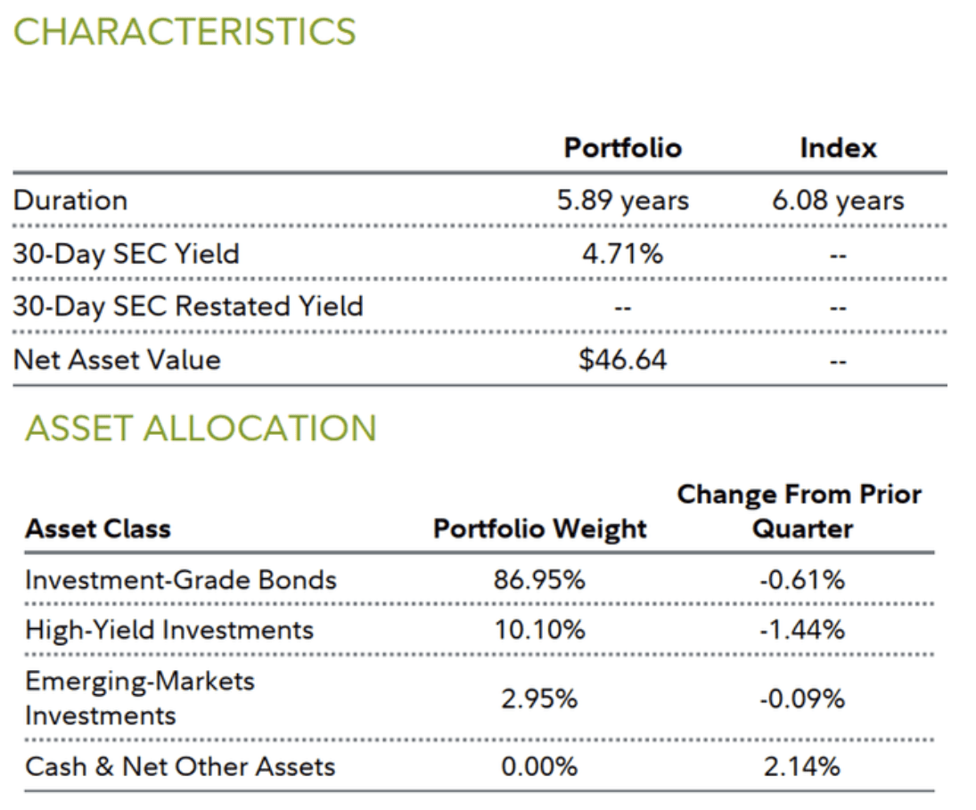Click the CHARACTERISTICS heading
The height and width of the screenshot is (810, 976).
185,32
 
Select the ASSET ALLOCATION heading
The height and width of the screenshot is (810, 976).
201,429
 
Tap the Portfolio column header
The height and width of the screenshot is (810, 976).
622,147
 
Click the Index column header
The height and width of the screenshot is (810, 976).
837,147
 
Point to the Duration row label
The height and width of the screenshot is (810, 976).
70,200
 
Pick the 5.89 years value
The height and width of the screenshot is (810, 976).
622,200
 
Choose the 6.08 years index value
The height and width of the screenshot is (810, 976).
837,200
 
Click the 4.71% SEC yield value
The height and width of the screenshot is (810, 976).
622,254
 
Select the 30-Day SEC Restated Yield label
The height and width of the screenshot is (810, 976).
188,307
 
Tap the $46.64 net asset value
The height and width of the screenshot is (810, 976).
622,360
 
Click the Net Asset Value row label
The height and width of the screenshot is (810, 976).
116,360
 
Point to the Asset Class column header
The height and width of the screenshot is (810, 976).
97,528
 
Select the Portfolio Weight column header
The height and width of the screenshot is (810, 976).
539,528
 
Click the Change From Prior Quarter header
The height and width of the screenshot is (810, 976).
800,511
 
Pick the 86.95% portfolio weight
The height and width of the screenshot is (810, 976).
539,580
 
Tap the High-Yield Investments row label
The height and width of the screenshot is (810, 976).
169,630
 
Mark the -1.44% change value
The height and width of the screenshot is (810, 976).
801,630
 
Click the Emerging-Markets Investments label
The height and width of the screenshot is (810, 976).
140,699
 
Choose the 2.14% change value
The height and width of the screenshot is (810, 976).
801,766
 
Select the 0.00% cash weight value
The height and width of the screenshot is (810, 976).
539,766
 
